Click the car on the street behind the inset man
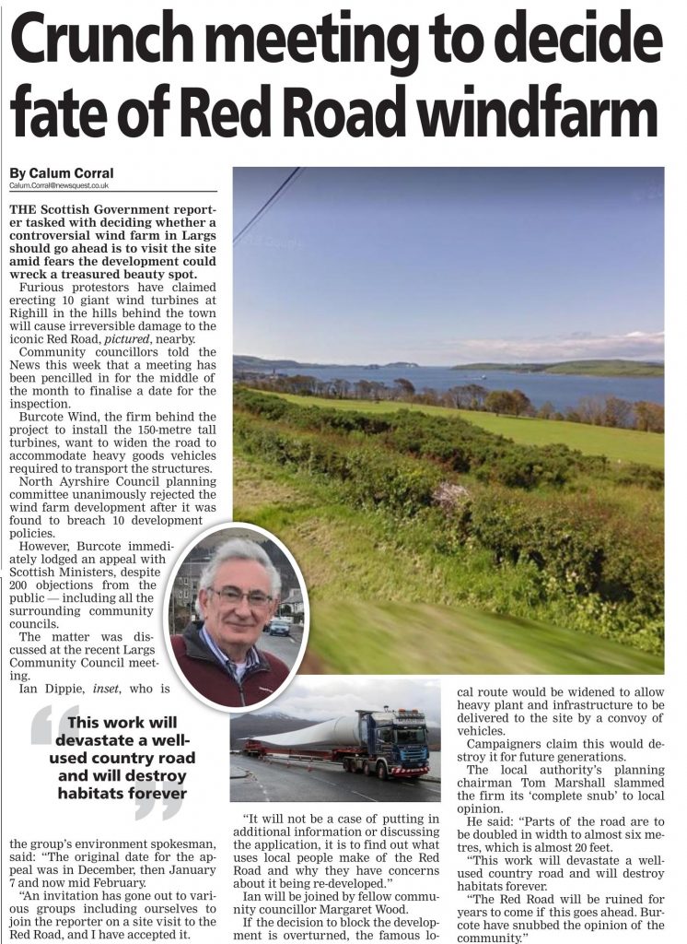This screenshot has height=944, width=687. (279, 627)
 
